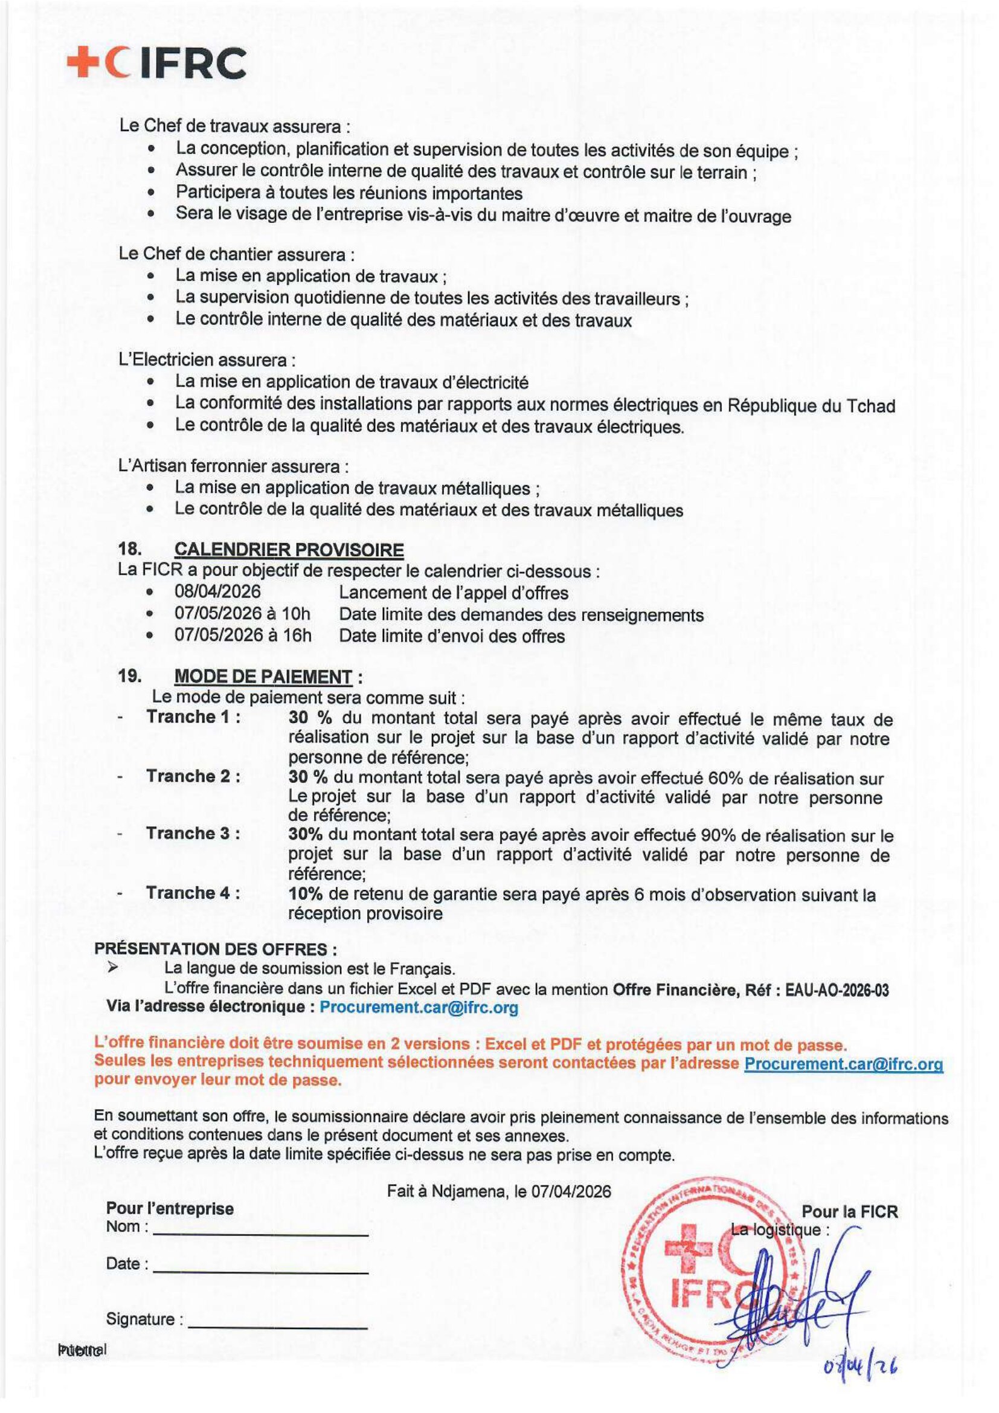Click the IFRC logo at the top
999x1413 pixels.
[x=157, y=63]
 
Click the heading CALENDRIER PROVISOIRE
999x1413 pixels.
[x=289, y=550]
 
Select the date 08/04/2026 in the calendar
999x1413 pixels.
[x=218, y=592]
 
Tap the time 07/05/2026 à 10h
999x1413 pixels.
[x=243, y=614]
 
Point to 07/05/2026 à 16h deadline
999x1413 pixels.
[x=243, y=635]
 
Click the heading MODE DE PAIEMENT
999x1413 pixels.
[x=263, y=677]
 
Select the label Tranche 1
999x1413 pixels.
[x=193, y=717]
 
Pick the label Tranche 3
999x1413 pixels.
[x=193, y=833]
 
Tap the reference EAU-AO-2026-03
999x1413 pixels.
[x=837, y=990]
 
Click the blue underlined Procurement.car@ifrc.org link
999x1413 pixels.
[x=843, y=1063]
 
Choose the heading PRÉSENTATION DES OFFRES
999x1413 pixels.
[x=215, y=949]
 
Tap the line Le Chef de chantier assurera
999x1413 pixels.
[x=236, y=254]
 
